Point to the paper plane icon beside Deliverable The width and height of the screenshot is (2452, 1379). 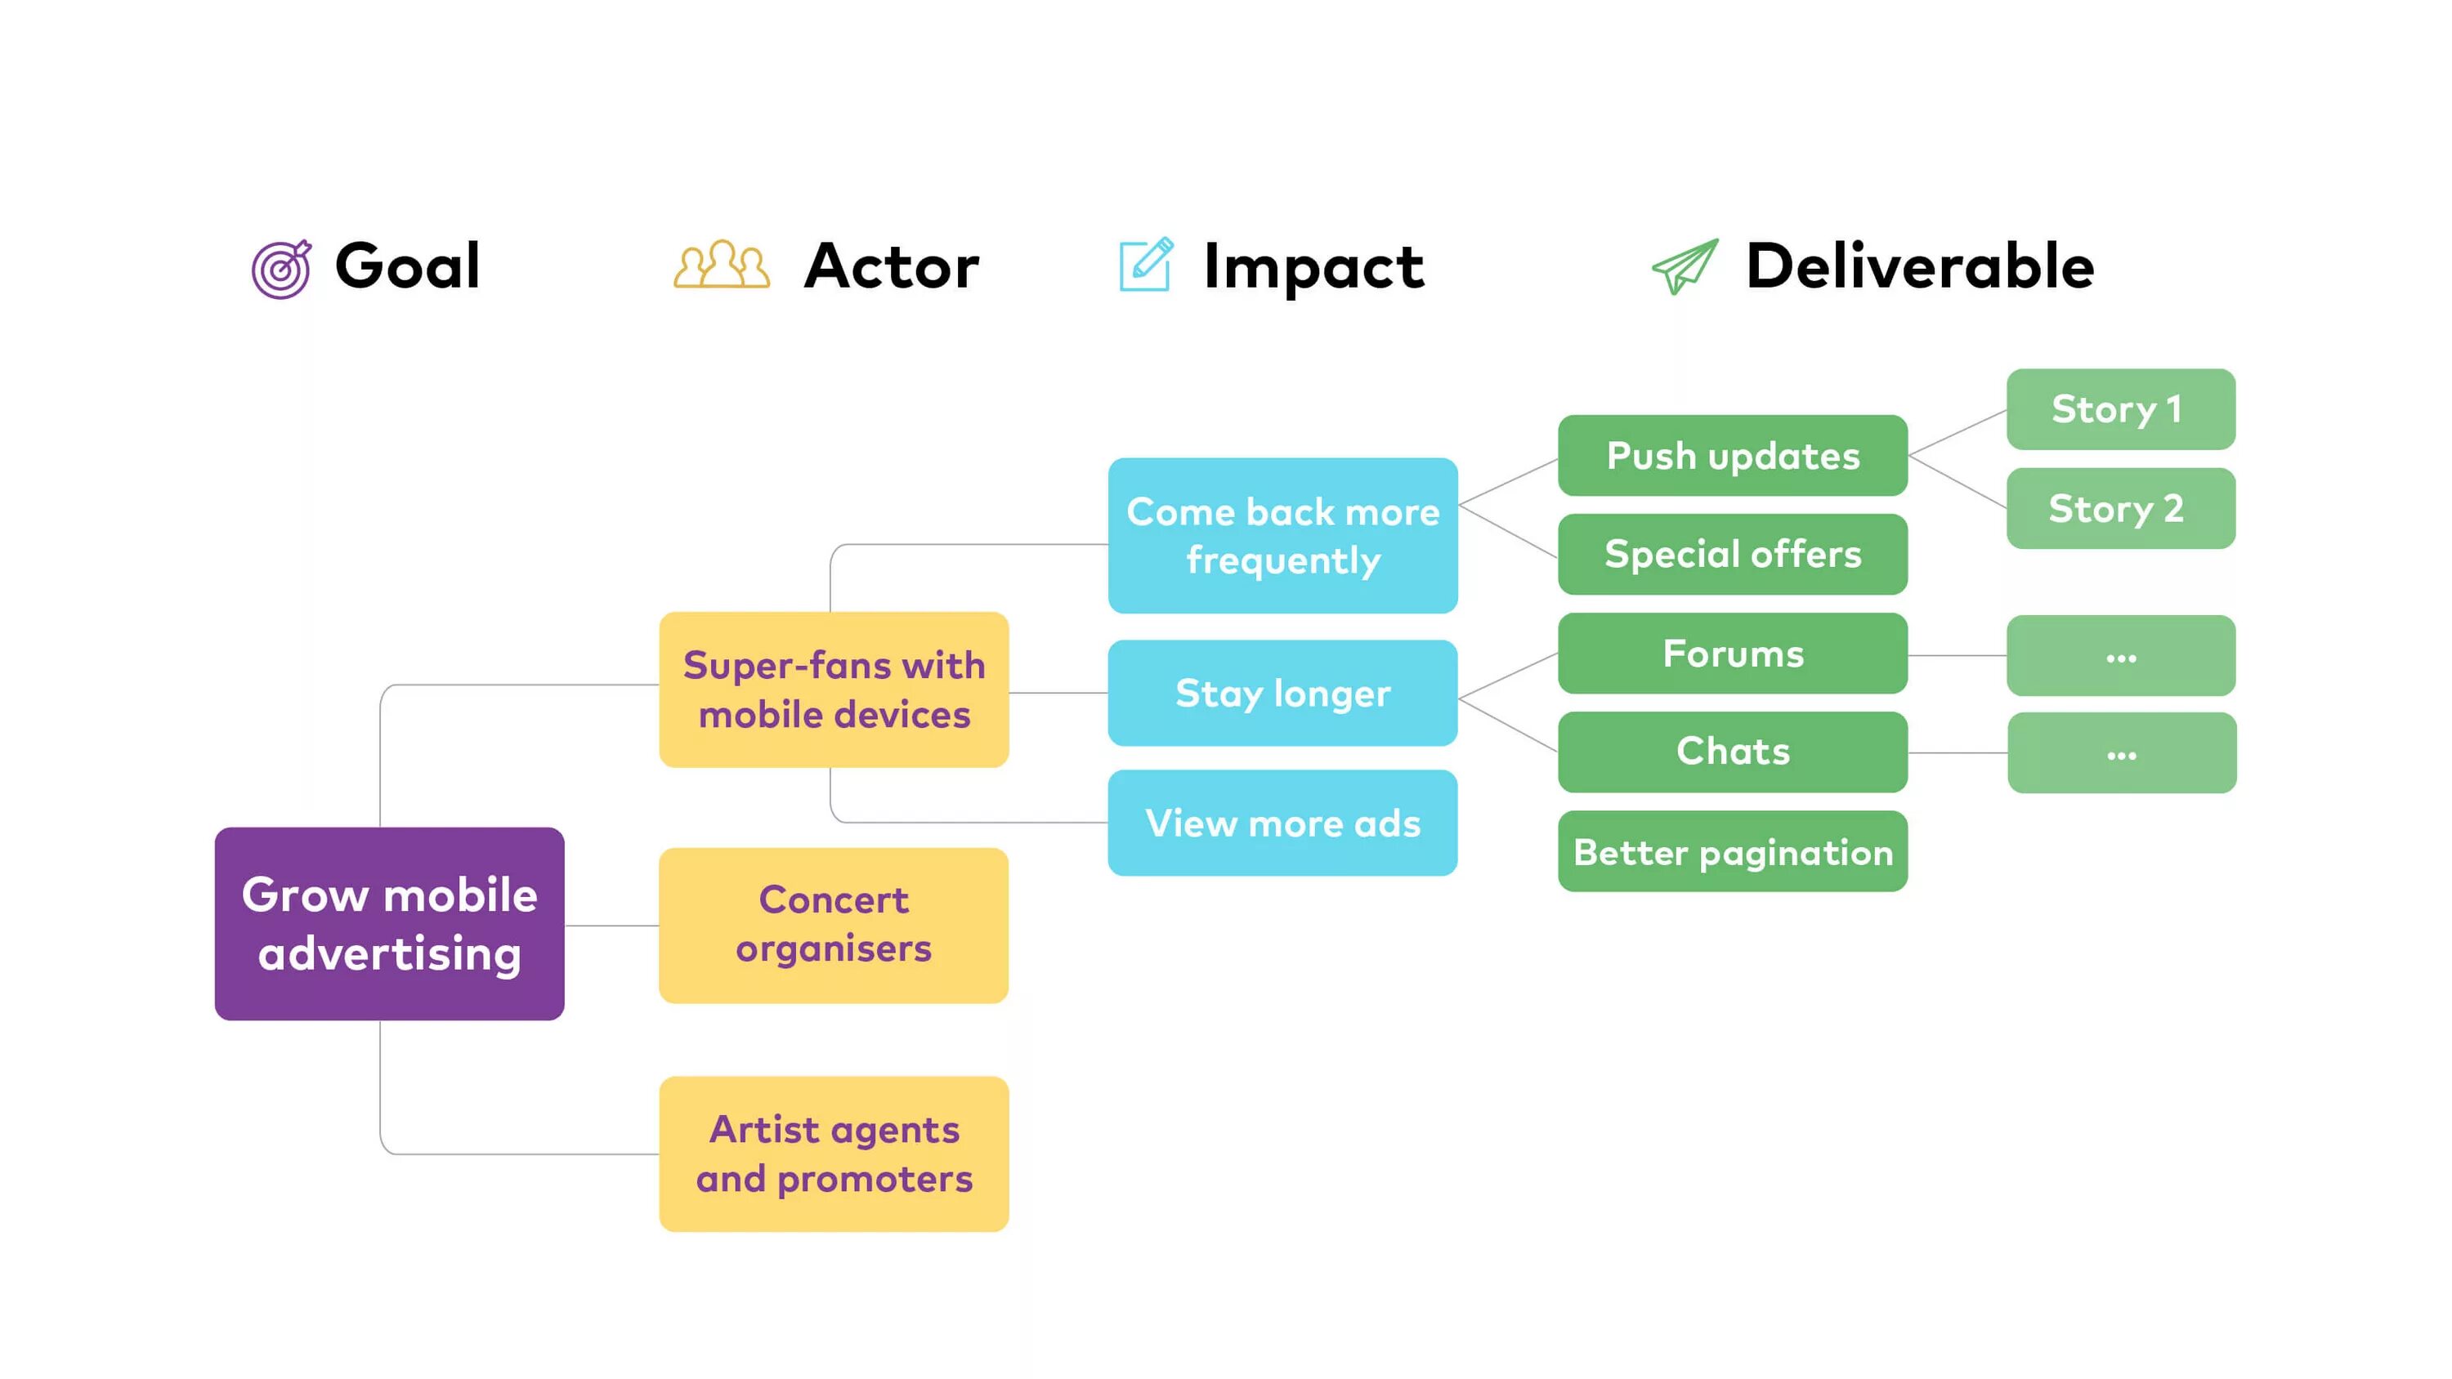(1684, 266)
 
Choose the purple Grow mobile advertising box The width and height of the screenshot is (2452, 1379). (389, 923)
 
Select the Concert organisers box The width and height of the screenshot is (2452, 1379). (834, 925)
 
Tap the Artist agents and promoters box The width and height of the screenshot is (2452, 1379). (834, 1154)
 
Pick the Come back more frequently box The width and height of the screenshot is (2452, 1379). (1282, 535)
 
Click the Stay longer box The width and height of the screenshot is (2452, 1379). (1282, 693)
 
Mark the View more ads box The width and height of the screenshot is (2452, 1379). (1282, 823)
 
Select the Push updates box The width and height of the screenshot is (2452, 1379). (1733, 455)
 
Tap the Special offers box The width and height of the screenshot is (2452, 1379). (1733, 554)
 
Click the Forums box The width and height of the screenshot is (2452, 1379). (1733, 653)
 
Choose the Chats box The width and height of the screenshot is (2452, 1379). (1733, 752)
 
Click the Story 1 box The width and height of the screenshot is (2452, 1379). (2121, 409)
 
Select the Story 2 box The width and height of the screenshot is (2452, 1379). (2121, 508)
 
